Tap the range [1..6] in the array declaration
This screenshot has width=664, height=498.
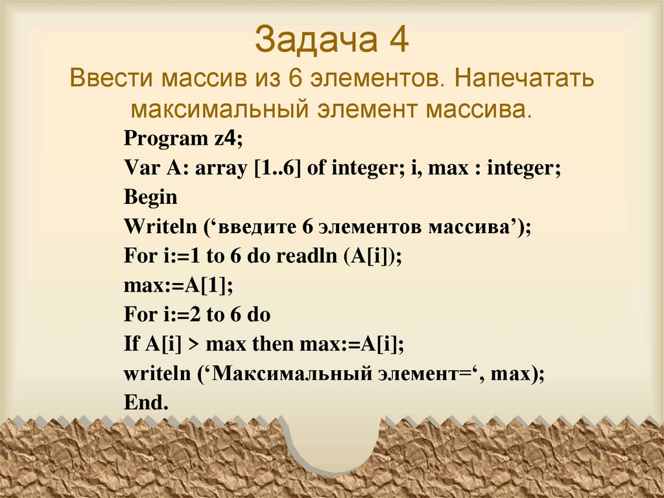pos(272,169)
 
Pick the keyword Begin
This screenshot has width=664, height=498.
pos(150,197)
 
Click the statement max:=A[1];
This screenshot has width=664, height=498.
pos(178,285)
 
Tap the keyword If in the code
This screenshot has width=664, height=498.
pos(130,344)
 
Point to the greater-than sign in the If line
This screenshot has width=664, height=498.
pos(193,345)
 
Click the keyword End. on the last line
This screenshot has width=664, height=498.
pos(146,403)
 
